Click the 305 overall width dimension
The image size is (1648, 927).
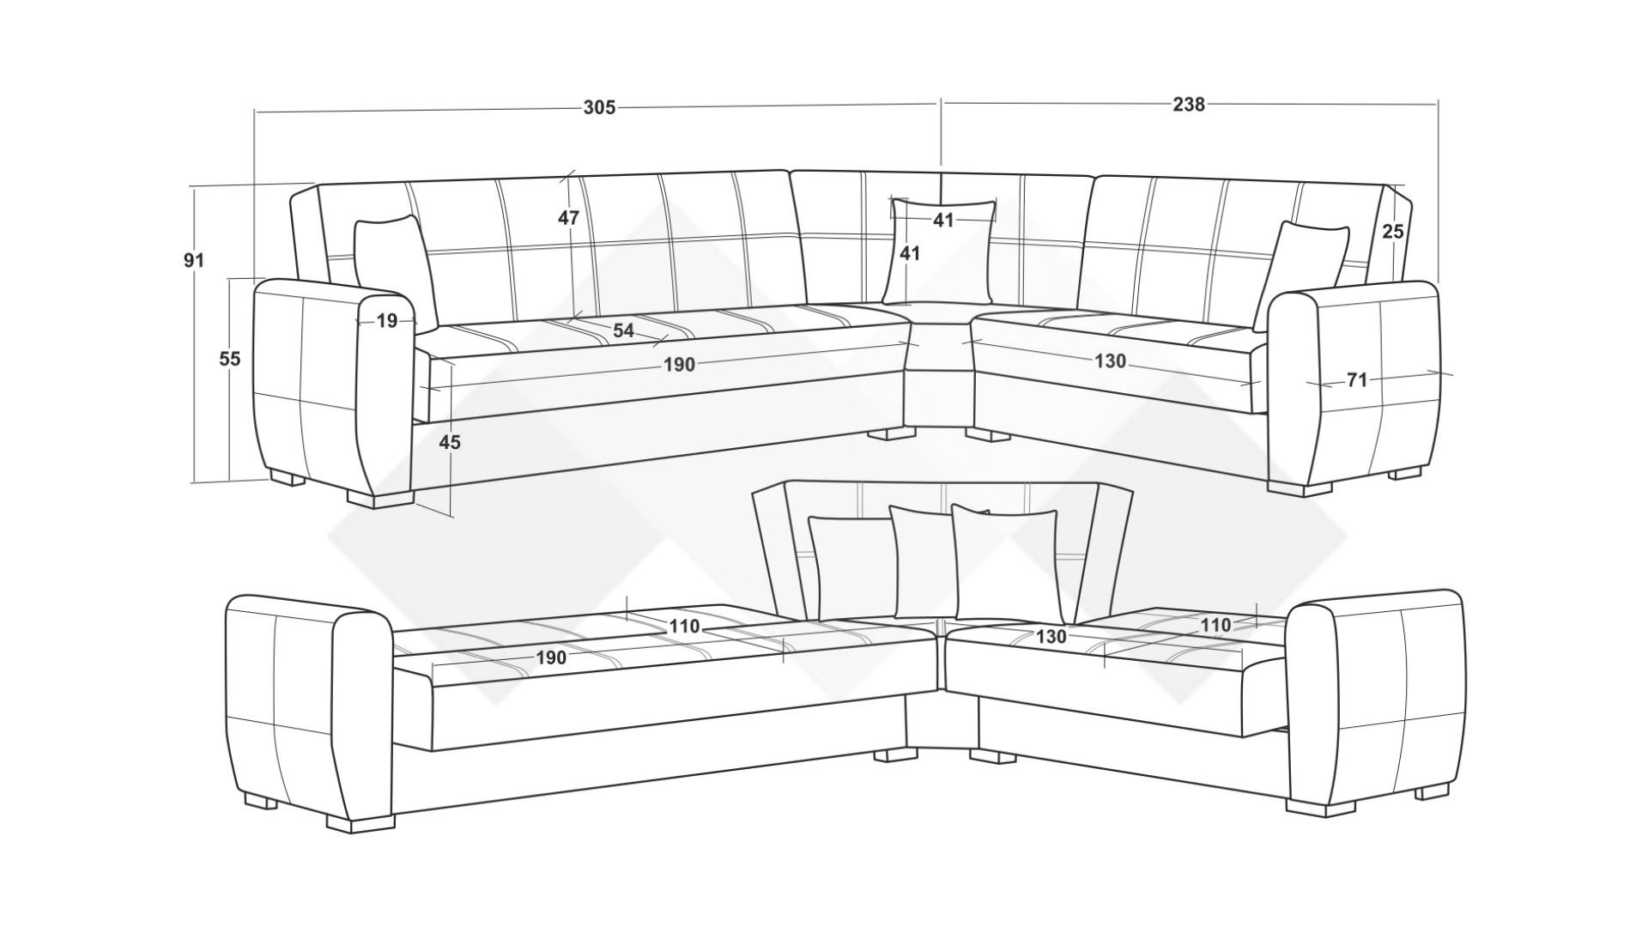pos(599,107)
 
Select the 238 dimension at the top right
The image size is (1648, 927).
pos(1189,104)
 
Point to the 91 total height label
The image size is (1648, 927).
pos(194,259)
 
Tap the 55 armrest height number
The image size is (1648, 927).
pos(230,359)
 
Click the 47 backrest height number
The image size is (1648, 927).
pos(568,218)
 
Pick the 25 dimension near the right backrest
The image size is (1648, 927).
pos(1393,231)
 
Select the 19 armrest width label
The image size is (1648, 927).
pos(387,321)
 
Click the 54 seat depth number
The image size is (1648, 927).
pos(623,330)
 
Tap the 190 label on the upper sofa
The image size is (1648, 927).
pos(679,365)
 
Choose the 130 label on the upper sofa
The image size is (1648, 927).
pos(1110,361)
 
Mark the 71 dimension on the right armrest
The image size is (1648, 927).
pos(1356,379)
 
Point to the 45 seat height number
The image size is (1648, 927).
pos(450,442)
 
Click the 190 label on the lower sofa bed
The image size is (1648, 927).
pos(551,657)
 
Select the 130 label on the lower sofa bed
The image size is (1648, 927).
pos(1051,636)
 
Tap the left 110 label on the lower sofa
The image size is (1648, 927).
pos(684,627)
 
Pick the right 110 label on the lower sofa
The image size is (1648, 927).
pos(1215,625)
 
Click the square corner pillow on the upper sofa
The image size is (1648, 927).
pos(943,251)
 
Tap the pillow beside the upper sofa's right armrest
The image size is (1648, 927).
pos(1300,275)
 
